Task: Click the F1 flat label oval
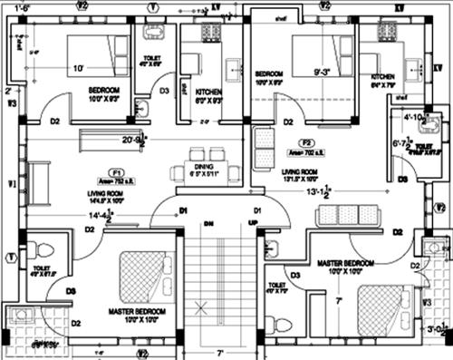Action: coord(116,171)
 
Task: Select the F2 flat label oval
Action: coord(307,143)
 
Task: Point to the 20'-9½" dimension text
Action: coord(132,139)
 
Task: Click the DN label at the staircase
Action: coord(208,222)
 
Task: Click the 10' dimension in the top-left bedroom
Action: coord(78,67)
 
